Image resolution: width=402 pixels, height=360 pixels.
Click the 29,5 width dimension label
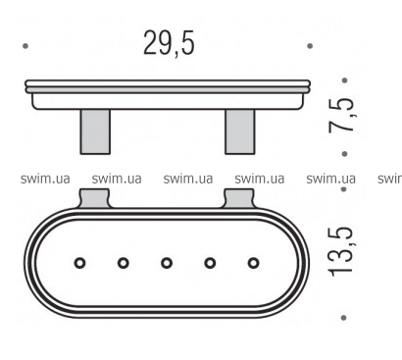tap(169, 43)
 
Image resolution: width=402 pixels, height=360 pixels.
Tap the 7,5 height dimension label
tap(341, 115)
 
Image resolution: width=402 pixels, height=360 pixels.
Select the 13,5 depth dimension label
tap(340, 251)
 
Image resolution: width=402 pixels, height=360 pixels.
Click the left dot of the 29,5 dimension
tap(25, 46)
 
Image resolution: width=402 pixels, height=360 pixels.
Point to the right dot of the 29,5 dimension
tap(310, 46)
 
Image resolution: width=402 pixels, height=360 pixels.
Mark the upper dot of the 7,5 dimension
tap(344, 80)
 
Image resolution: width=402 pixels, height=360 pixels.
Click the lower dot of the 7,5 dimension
tap(344, 153)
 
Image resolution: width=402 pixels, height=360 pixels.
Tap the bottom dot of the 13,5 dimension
tap(343, 318)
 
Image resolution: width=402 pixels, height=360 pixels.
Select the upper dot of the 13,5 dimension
tap(344, 189)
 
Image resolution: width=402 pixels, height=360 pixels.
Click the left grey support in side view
tap(95, 131)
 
